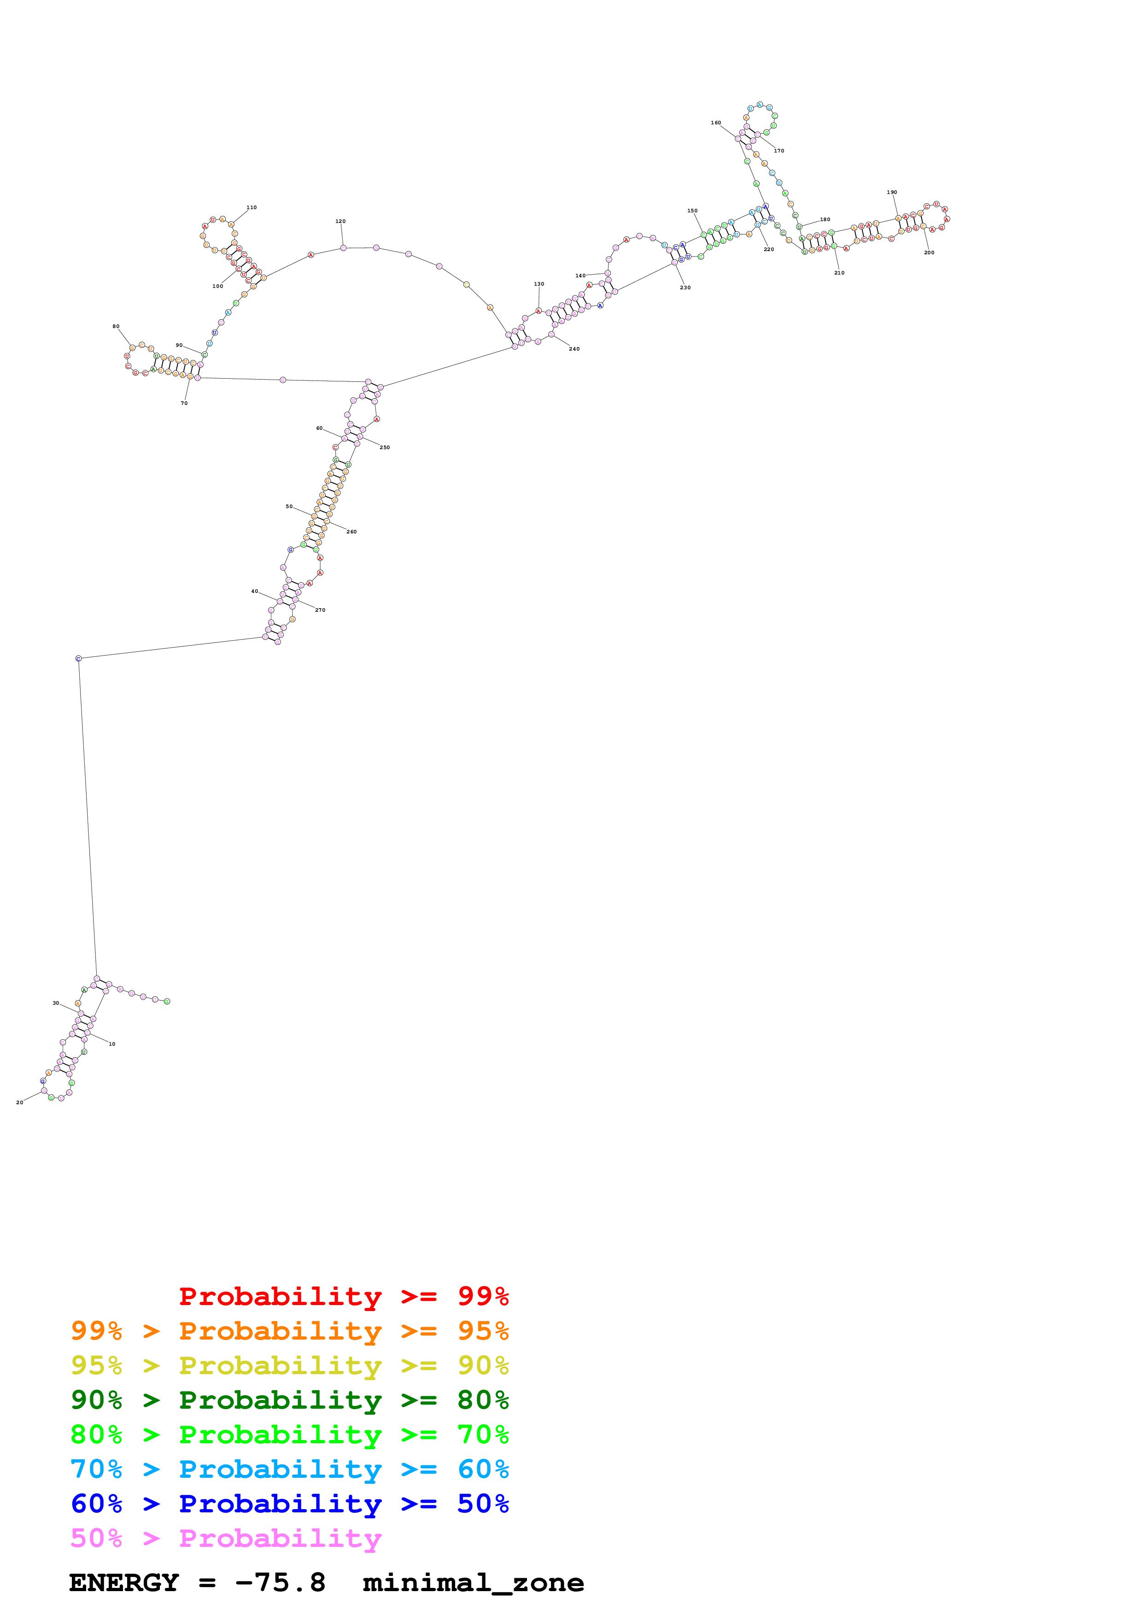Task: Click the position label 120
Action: pyautogui.click(x=340, y=221)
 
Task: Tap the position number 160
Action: pyautogui.click(x=715, y=123)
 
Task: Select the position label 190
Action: pyautogui.click(x=891, y=192)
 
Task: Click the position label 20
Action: pyautogui.click(x=20, y=1102)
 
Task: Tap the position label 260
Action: pyautogui.click(x=351, y=532)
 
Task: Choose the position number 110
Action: pyautogui.click(x=251, y=208)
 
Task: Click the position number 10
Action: pyautogui.click(x=112, y=1044)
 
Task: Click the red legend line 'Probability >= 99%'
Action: pyautogui.click(x=343, y=1296)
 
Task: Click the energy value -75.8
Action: pyautogui.click(x=280, y=1583)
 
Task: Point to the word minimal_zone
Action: pyautogui.click(x=473, y=1583)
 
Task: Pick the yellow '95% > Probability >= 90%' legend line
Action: pyautogui.click(x=289, y=1365)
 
